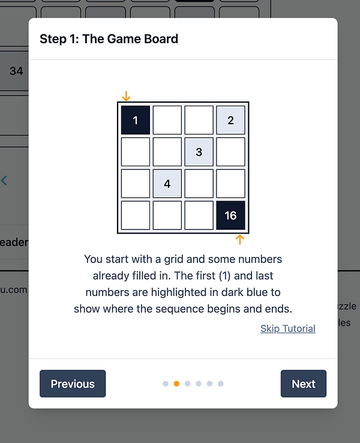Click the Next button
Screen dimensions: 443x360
click(x=303, y=384)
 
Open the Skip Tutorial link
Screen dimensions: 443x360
click(x=287, y=328)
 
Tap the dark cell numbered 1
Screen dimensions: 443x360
click(x=136, y=120)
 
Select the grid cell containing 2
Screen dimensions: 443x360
click(x=230, y=120)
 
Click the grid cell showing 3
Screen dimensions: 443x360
click(x=199, y=152)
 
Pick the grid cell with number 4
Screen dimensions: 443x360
click(x=167, y=184)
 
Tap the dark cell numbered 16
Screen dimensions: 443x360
click(x=230, y=215)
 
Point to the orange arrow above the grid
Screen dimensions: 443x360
click(x=126, y=96)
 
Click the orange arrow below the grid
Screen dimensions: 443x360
click(x=240, y=240)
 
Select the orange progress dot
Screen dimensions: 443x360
click(x=176, y=384)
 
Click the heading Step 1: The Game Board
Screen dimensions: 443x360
click(x=109, y=39)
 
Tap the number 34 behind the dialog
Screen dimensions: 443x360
click(x=16, y=71)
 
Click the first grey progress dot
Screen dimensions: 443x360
click(x=166, y=384)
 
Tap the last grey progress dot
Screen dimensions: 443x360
click(x=220, y=384)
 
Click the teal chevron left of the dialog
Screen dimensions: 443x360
click(x=4, y=180)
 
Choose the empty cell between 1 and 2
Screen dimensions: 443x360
click(x=167, y=120)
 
